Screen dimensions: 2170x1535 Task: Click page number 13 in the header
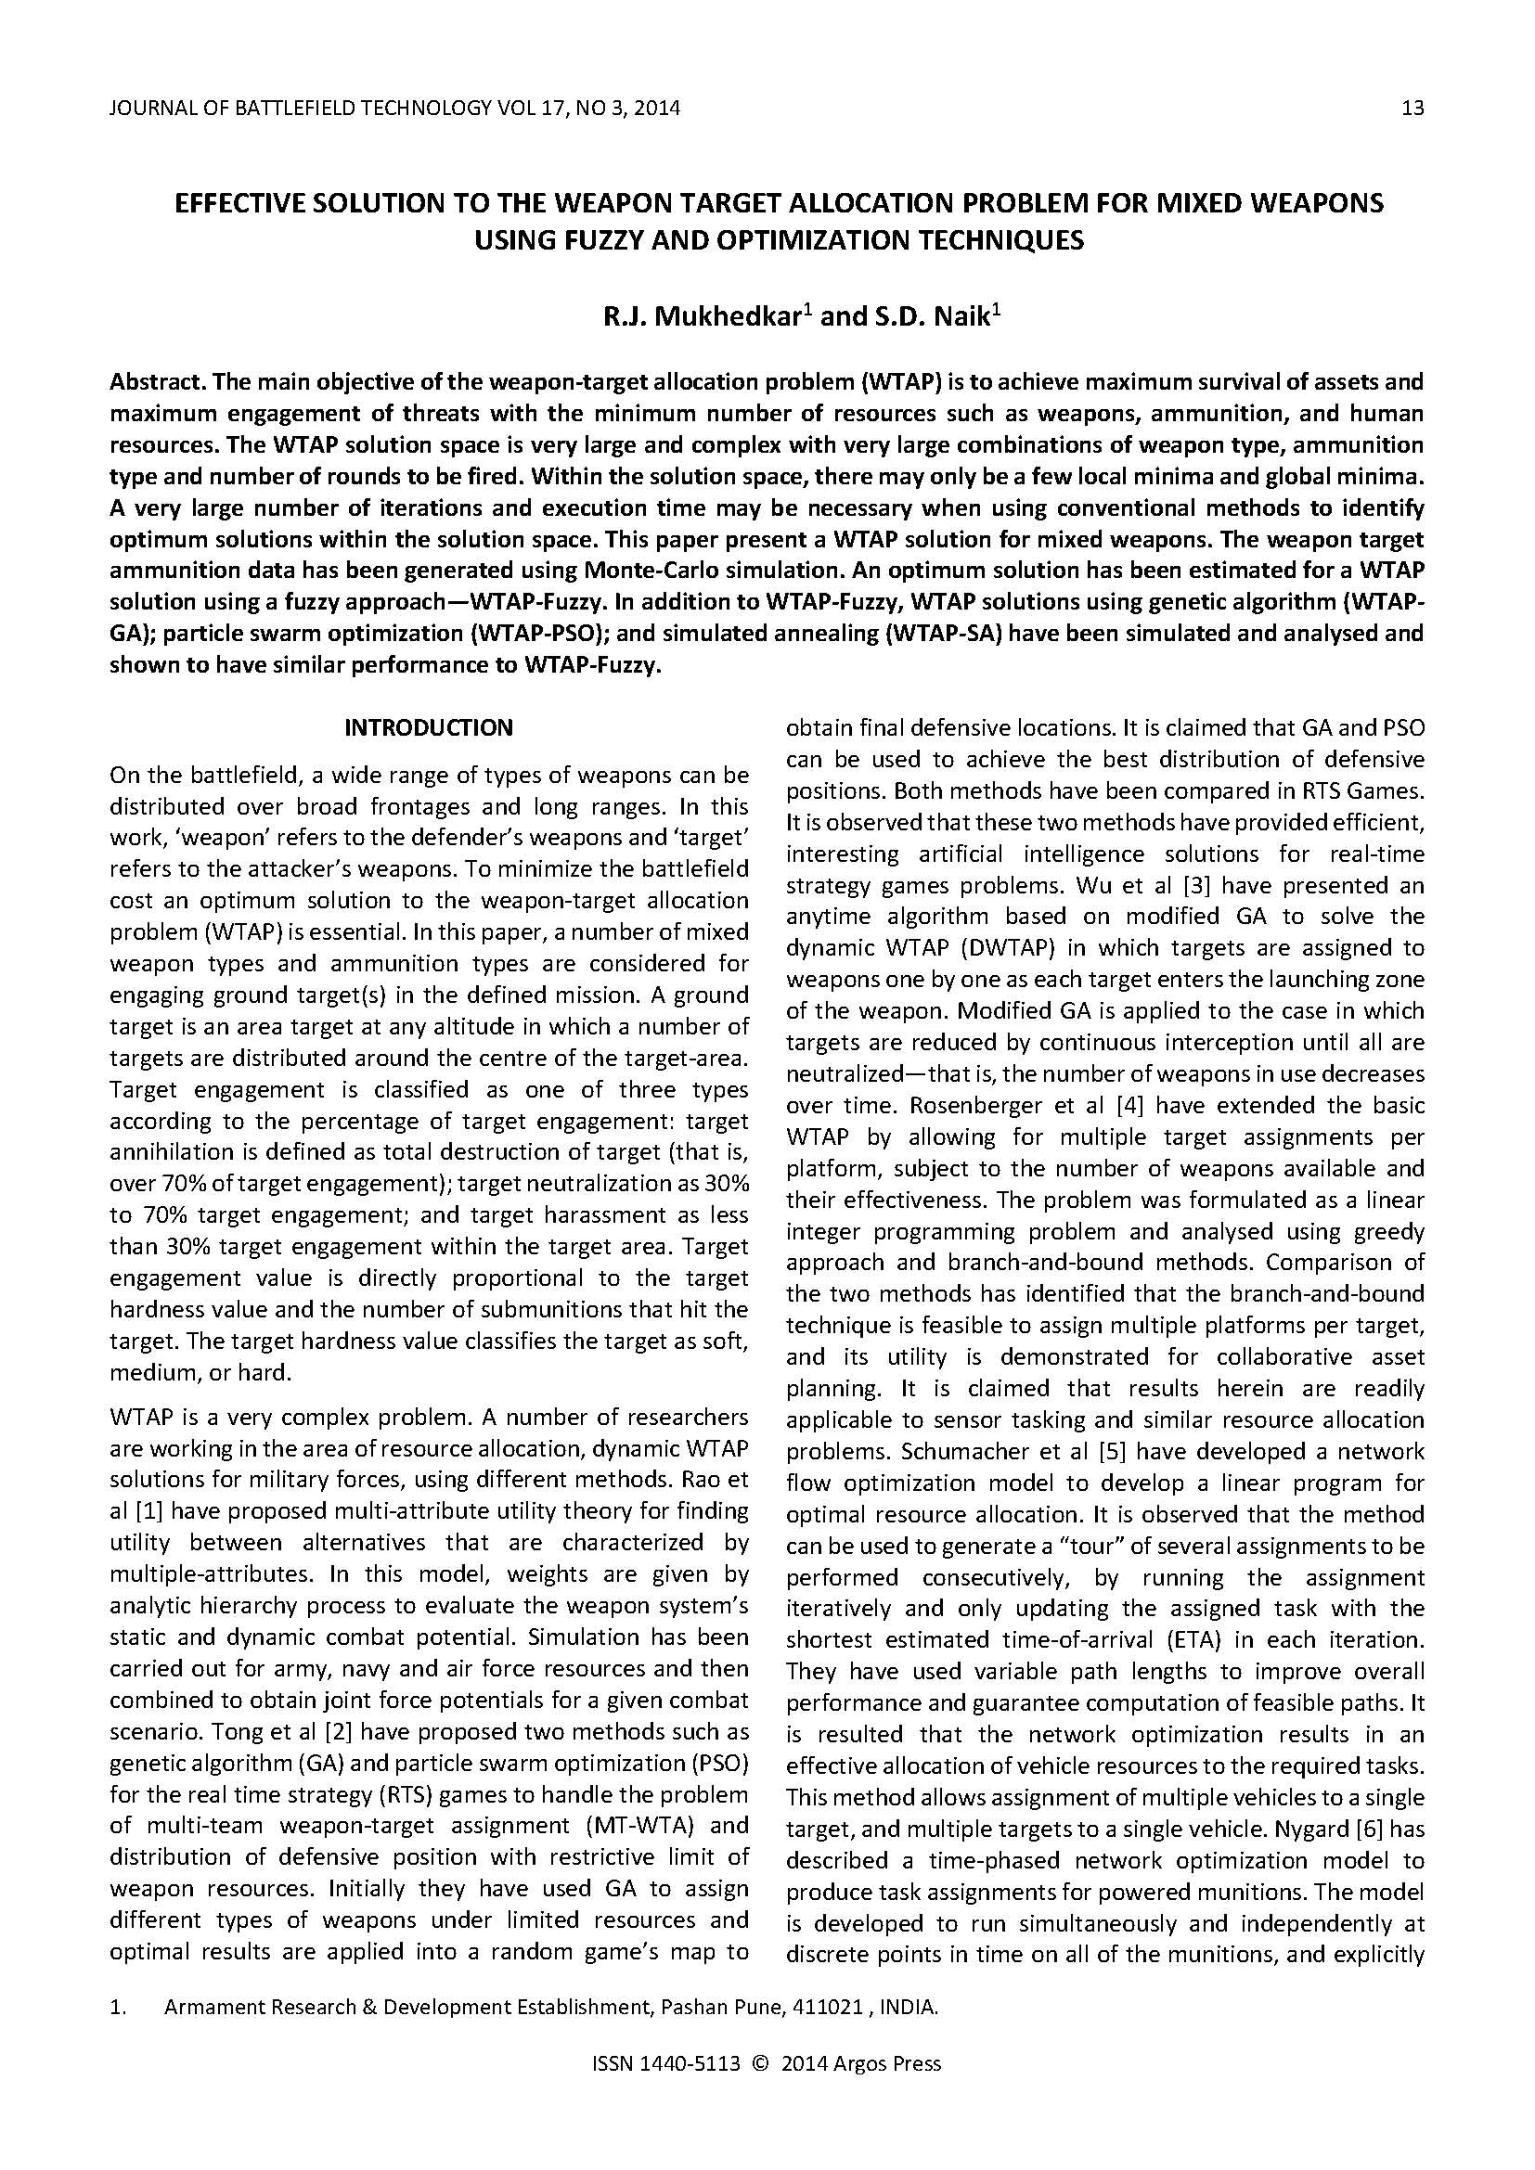1412,109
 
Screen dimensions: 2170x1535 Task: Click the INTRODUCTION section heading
428,727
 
